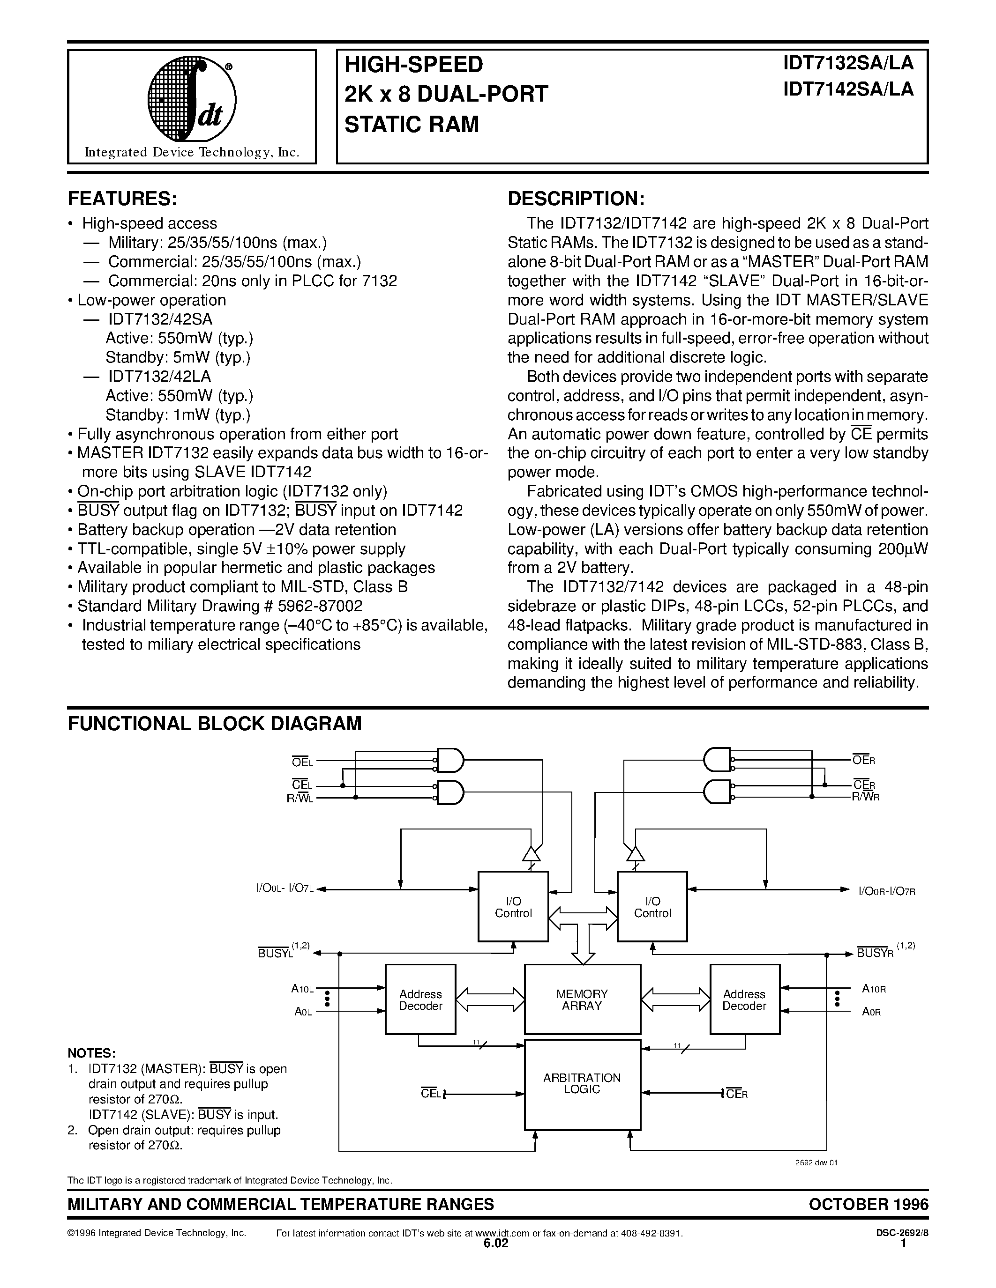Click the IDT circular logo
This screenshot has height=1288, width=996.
pos(192,101)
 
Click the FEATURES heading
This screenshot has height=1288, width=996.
pos(122,199)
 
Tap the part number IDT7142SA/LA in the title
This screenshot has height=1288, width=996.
pos(848,89)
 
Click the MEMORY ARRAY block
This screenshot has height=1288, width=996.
pos(583,999)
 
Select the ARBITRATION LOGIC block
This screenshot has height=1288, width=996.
pos(583,1084)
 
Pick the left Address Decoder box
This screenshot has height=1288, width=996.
pos(420,999)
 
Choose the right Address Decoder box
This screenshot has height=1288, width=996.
pos(745,999)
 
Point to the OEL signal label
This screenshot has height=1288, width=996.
pos(303,762)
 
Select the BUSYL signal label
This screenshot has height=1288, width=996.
pos(276,953)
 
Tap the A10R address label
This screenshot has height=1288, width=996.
pos(874,988)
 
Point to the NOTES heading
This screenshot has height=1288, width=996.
pos(91,1053)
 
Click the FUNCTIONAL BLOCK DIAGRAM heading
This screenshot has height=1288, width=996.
pos(215,723)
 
